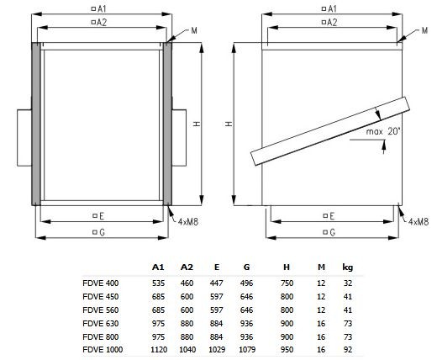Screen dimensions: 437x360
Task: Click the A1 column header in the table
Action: [x=158, y=267]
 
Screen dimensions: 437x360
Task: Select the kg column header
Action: [x=348, y=267]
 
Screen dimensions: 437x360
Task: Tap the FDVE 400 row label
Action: [x=101, y=283]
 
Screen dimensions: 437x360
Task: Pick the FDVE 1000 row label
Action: [x=103, y=350]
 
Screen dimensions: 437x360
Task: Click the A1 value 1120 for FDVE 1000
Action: [x=159, y=350]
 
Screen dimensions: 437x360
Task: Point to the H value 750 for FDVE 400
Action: [x=287, y=283]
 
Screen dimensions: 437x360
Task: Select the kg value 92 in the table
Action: [x=348, y=350]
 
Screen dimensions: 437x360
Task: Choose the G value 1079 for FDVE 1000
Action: [x=247, y=350]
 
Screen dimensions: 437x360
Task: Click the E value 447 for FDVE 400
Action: [x=216, y=283]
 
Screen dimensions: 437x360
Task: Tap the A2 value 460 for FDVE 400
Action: [x=187, y=283]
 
